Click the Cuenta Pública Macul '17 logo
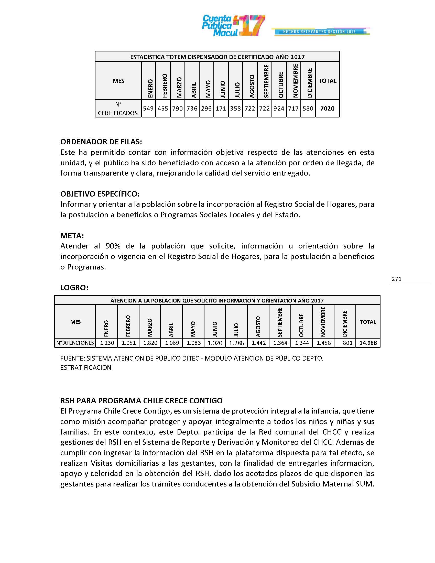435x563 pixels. tap(233, 26)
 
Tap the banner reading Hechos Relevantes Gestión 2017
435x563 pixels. tap(320, 32)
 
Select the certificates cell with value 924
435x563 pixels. tap(279, 109)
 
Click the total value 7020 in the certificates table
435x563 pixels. tap(327, 109)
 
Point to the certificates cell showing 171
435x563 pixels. tap(221, 109)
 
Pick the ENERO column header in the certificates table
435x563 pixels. tap(150, 89)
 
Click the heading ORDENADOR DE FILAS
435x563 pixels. tap(101, 142)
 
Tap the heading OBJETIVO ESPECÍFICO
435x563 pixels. tap(100, 194)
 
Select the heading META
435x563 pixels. tap(72, 236)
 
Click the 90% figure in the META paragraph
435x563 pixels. tap(113, 246)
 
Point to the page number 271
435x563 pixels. tap(396, 279)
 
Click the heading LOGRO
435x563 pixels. tap(74, 288)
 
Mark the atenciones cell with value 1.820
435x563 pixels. tap(150, 343)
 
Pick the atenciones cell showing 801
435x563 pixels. tap(348, 343)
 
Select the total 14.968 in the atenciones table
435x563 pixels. tap(368, 343)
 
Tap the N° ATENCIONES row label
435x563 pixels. tap(75, 343)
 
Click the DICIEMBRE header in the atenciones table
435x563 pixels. tap(345, 323)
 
